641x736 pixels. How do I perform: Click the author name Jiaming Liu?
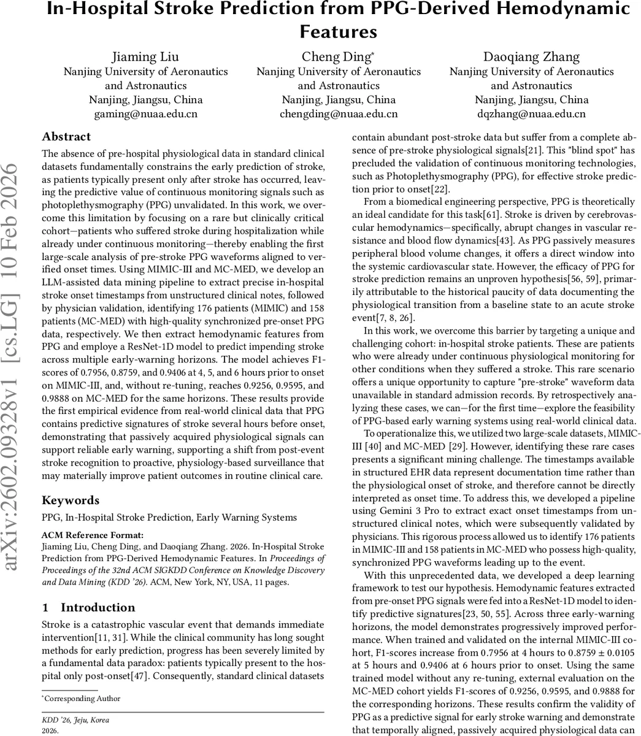coord(145,57)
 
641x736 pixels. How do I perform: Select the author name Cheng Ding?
coord(337,57)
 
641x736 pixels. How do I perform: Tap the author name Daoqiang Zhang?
coord(531,57)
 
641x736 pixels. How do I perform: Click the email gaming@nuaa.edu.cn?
coord(145,114)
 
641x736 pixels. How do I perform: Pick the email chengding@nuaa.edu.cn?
coord(339,114)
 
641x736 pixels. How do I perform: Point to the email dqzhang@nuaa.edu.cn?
coord(531,114)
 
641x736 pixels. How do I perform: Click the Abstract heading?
coord(66,137)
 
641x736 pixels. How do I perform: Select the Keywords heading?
coord(71,500)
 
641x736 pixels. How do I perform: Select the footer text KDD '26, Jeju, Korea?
coord(75,720)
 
